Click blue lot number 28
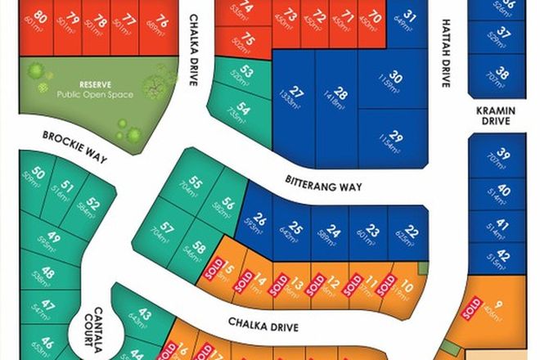340,96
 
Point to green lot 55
196,182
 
